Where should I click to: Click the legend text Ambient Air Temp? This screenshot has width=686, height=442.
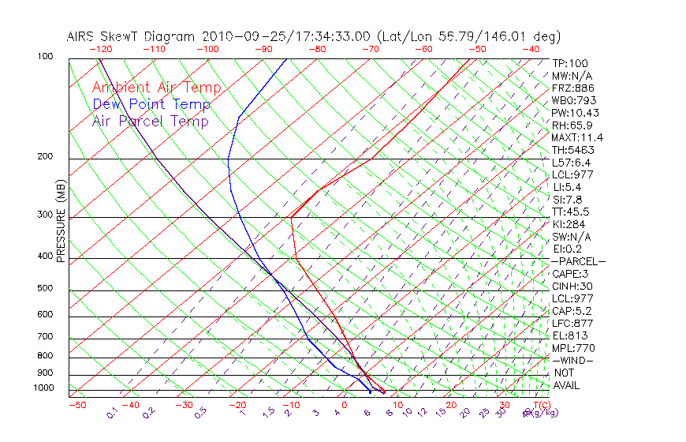[x=156, y=88]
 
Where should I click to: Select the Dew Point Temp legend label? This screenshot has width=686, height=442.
[x=151, y=104]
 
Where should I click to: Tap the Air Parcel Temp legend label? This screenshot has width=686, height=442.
[x=150, y=121]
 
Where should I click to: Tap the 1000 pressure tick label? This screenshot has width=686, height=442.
[x=44, y=388]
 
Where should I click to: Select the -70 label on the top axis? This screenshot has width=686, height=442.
[x=370, y=49]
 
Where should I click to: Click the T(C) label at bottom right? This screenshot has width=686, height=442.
[x=541, y=406]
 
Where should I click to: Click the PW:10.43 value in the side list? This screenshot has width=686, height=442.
[x=573, y=113]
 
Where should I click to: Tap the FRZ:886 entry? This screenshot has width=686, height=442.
[x=571, y=88]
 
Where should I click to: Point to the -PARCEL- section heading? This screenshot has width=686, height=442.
[x=578, y=261]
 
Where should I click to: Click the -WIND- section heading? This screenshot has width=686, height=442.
[x=572, y=360]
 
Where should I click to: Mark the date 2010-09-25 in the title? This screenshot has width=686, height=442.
[x=238, y=36]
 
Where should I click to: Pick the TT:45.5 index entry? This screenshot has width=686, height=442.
[x=570, y=212]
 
